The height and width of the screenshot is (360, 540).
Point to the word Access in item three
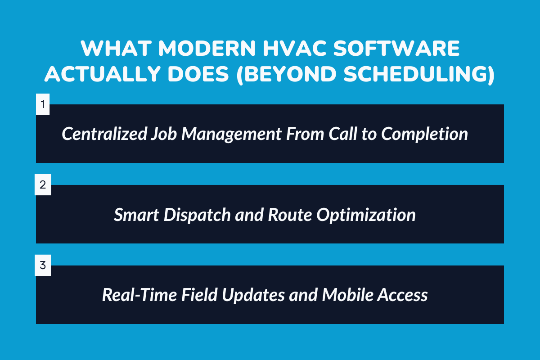(403, 295)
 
